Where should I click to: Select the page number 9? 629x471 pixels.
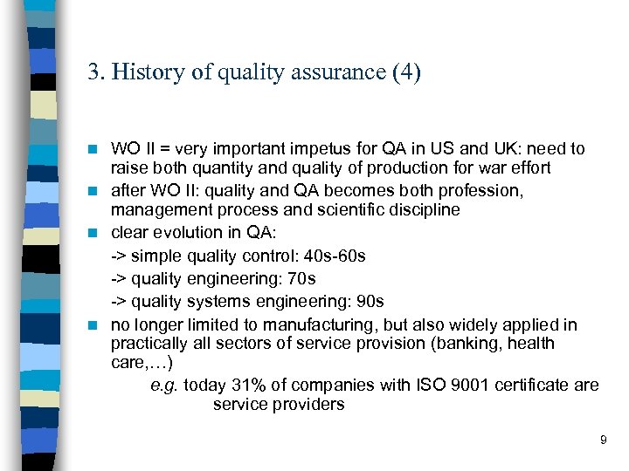point(603,440)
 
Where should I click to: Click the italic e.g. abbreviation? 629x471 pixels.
point(163,386)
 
